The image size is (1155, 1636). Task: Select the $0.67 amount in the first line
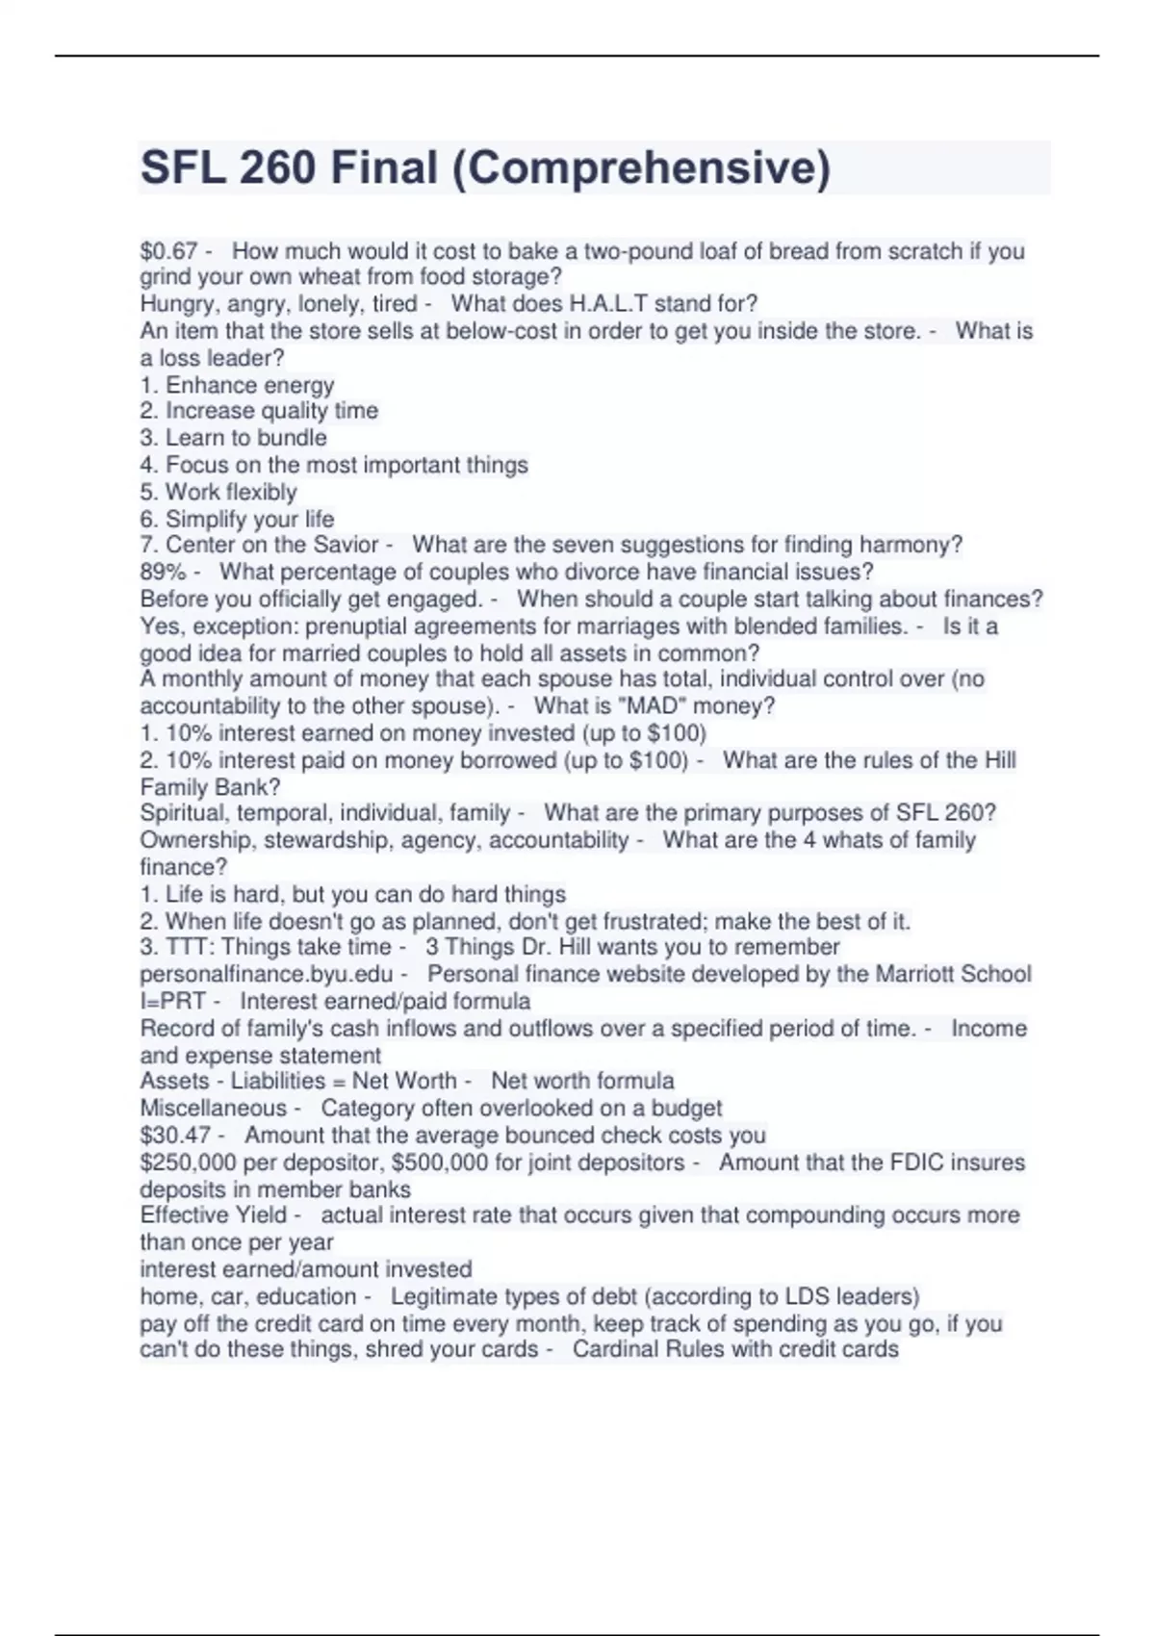168,251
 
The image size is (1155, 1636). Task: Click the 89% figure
163,572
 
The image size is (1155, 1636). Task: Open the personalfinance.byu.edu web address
267,974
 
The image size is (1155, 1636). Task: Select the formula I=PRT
173,1001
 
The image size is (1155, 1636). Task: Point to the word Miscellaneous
213,1109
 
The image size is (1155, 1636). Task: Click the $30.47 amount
175,1136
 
